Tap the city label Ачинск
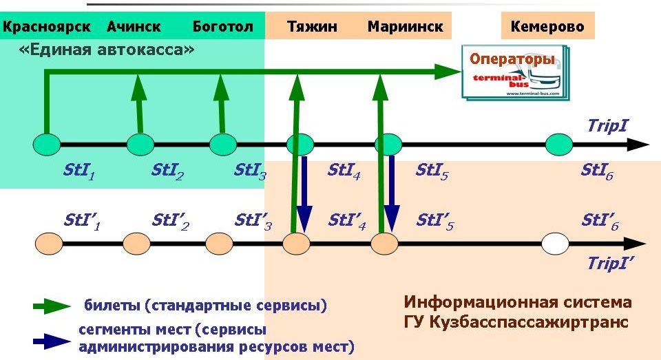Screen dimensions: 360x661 pos(134,27)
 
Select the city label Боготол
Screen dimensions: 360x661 pos(222,27)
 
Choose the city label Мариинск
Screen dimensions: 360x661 pos(405,27)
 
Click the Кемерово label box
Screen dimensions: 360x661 pos(547,27)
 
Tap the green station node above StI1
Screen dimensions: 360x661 pos(46,145)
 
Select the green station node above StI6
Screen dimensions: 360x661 pos(559,145)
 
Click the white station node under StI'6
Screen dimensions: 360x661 pos(555,243)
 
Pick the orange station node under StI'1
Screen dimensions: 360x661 pos(48,243)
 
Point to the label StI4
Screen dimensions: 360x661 pos(344,170)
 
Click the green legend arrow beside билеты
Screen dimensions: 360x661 pos(52,306)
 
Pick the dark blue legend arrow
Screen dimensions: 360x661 pos(52,340)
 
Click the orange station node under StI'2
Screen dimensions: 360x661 pos(136,243)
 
